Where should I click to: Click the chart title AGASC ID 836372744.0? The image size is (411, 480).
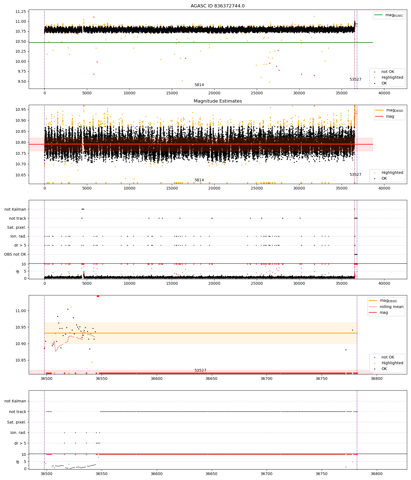pos(218,6)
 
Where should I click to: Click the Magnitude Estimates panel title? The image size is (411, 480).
pos(218,101)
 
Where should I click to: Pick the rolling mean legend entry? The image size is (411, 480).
pos(391,307)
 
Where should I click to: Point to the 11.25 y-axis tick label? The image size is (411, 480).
pos(21,12)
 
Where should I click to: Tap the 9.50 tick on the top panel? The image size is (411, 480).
pos(21,81)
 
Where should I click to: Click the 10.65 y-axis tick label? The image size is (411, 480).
pos(21,175)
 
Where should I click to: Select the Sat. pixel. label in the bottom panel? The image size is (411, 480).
pos(16,422)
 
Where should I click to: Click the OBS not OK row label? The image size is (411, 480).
pos(15,254)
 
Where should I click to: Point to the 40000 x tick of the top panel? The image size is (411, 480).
pos(384,93)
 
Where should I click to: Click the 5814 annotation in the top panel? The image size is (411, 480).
pos(199,85)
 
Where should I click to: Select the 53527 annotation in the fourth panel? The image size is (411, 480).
pos(200,371)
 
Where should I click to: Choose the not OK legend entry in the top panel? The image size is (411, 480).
pos(388,72)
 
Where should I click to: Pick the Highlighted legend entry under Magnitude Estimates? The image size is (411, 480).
pos(392,173)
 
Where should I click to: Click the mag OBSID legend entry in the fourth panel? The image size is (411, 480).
pos(388,301)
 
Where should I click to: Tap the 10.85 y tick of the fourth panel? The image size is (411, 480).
pos(21,360)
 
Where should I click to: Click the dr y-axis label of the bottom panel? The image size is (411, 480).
pos(18,462)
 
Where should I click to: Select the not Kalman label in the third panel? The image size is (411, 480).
pos(15,209)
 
